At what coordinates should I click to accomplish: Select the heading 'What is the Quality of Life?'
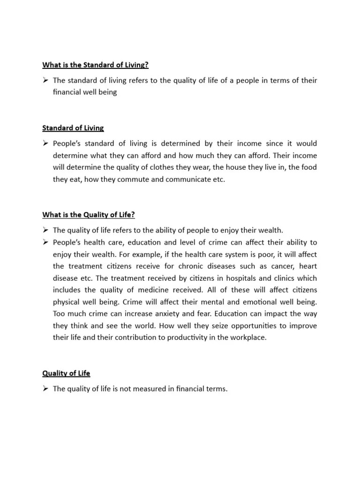[89, 215]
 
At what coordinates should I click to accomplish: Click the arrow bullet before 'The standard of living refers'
[46, 80]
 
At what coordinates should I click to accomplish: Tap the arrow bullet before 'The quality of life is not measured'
[46, 389]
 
